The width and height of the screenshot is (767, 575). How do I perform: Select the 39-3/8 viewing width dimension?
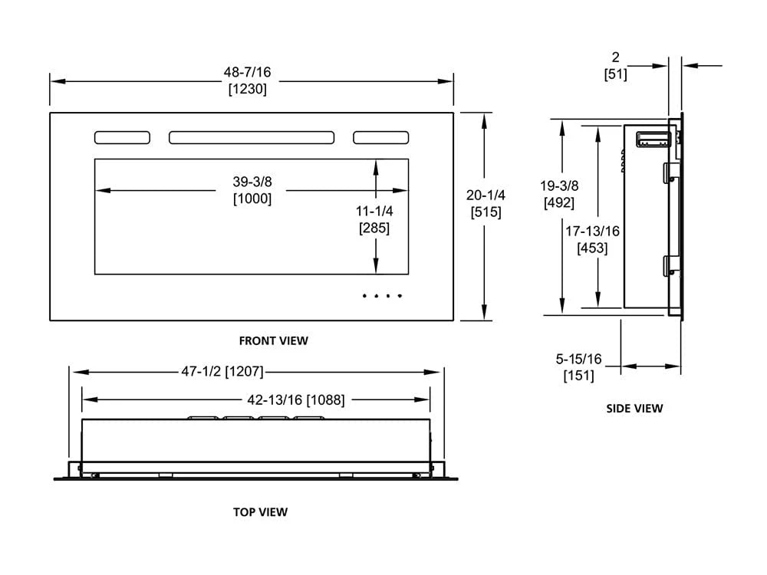[x=252, y=182]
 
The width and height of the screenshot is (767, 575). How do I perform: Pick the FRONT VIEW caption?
[x=273, y=340]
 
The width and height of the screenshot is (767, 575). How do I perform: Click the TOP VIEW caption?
[x=260, y=511]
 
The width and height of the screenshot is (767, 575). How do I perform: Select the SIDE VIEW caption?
[x=634, y=409]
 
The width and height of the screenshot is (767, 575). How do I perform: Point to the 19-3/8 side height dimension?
[x=558, y=186]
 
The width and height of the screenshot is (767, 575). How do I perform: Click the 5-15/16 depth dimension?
[x=579, y=358]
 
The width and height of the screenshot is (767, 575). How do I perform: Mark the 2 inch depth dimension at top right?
[x=615, y=58]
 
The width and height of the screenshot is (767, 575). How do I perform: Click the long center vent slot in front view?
[x=252, y=137]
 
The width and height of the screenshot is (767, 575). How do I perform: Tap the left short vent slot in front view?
[x=122, y=137]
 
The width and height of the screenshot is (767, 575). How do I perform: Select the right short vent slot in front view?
[x=380, y=137]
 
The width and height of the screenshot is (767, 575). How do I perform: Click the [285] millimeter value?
[x=374, y=228]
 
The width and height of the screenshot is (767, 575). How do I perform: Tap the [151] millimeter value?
[x=579, y=375]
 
